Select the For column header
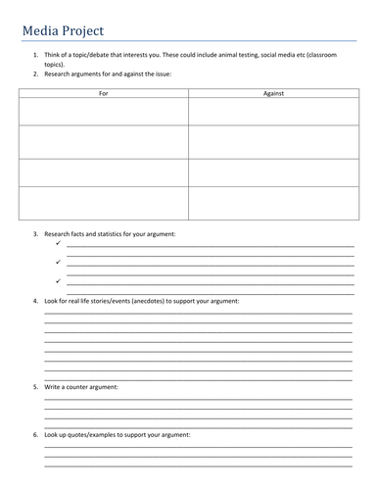coord(103,92)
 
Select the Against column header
coord(273,92)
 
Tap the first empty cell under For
coord(103,111)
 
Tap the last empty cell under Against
coord(273,203)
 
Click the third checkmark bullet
coord(58,280)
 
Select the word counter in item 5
coord(88,388)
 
